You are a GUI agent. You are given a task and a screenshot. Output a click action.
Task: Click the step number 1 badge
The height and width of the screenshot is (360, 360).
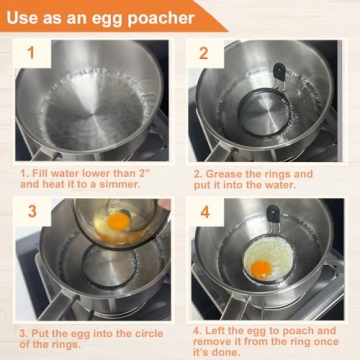click(x=31, y=53)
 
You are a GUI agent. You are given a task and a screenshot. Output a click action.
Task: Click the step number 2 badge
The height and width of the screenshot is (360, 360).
click(x=203, y=54)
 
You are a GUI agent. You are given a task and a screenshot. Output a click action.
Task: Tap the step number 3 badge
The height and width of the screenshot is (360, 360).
click(x=31, y=212)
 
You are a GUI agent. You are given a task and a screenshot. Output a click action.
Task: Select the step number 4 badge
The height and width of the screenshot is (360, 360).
click(x=203, y=212)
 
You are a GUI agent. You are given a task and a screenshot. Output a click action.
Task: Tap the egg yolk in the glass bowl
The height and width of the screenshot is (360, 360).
click(x=118, y=220)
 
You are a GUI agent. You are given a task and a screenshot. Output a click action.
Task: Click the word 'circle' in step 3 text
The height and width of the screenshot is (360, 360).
click(x=145, y=331)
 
